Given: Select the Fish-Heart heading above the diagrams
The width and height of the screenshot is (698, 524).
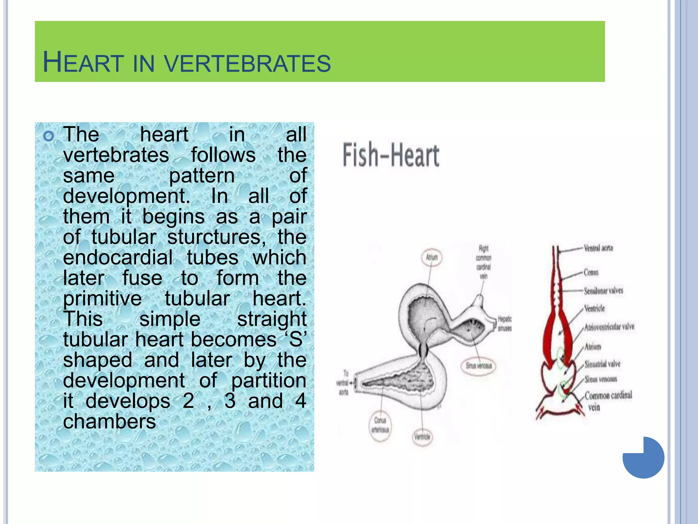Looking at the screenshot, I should pyautogui.click(x=391, y=155).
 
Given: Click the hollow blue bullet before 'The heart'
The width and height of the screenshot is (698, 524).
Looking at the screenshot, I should pyautogui.click(x=49, y=136).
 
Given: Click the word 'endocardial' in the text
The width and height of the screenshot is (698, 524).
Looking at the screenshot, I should pyautogui.click(x=118, y=257).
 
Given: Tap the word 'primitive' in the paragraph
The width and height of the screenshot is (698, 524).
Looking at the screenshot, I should pyautogui.click(x=102, y=299).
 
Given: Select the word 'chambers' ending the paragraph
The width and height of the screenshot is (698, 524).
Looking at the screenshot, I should pyautogui.click(x=109, y=422).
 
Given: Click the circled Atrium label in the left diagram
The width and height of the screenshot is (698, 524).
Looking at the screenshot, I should pyautogui.click(x=432, y=257).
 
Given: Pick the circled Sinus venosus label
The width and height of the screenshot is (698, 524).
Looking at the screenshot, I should pyautogui.click(x=479, y=366).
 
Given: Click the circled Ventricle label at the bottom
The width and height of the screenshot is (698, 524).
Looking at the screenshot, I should pyautogui.click(x=422, y=437).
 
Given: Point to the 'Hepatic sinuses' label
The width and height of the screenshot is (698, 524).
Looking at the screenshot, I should pyautogui.click(x=504, y=323).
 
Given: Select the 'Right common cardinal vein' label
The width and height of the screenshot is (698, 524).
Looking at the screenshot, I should pyautogui.click(x=484, y=262).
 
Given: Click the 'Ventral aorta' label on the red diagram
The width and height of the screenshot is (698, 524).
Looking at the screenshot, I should pyautogui.click(x=598, y=248).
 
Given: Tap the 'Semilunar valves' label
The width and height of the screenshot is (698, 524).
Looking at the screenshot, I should pyautogui.click(x=603, y=291).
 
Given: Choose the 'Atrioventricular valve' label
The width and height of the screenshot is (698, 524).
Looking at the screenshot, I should pyautogui.click(x=609, y=327).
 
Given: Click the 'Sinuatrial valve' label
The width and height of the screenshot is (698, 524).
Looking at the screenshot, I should pyautogui.click(x=602, y=364).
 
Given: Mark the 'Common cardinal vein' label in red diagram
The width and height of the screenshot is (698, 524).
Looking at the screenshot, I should pyautogui.click(x=608, y=400).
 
